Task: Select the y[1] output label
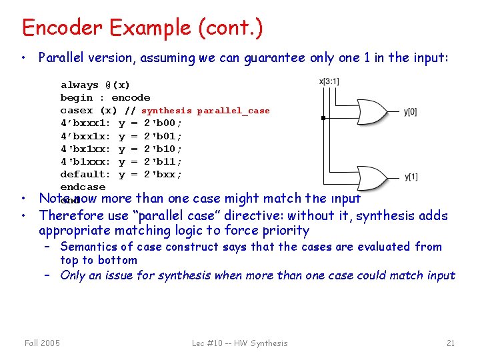coord(411,177)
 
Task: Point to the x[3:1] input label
coord(329,81)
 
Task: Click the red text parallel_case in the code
coord(233,111)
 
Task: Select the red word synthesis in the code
coord(166,111)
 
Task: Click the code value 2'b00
coord(161,123)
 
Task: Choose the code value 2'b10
coord(161,149)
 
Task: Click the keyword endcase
coord(83,187)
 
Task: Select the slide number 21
coord(451,343)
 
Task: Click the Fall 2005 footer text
coord(41,343)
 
